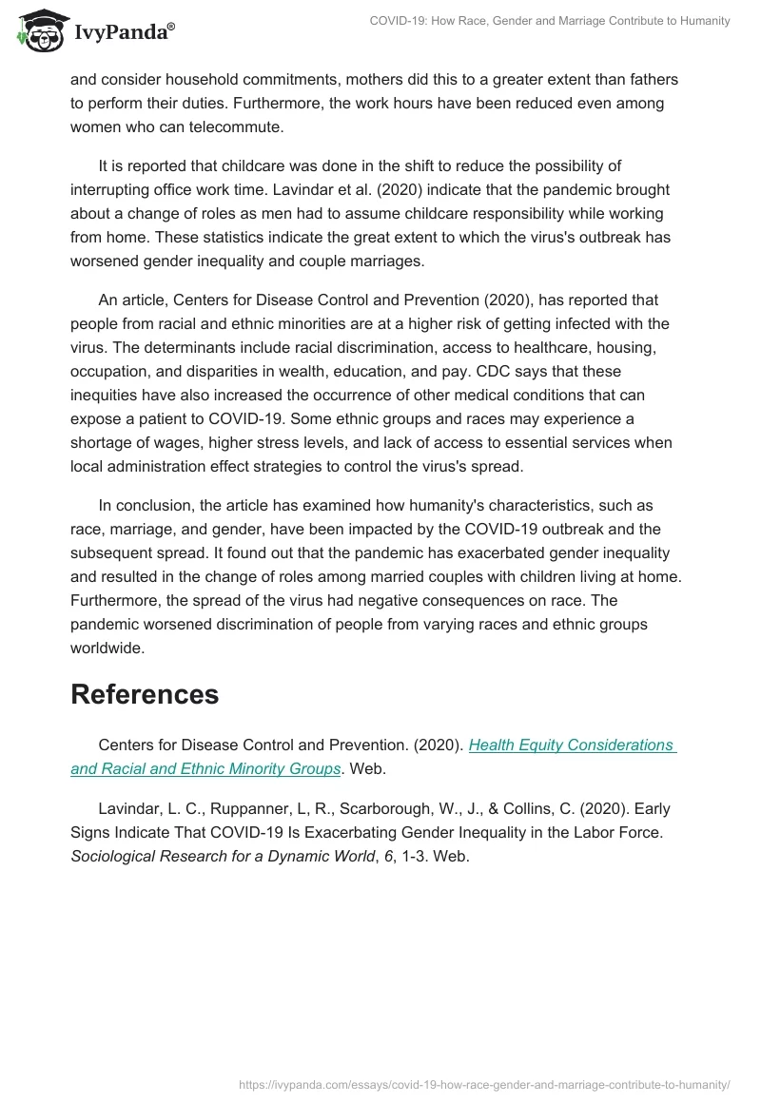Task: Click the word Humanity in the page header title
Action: (x=699, y=21)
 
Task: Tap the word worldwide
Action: (x=107, y=648)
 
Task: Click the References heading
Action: (x=145, y=694)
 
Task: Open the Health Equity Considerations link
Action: (x=571, y=745)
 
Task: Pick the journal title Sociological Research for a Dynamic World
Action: (x=223, y=857)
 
